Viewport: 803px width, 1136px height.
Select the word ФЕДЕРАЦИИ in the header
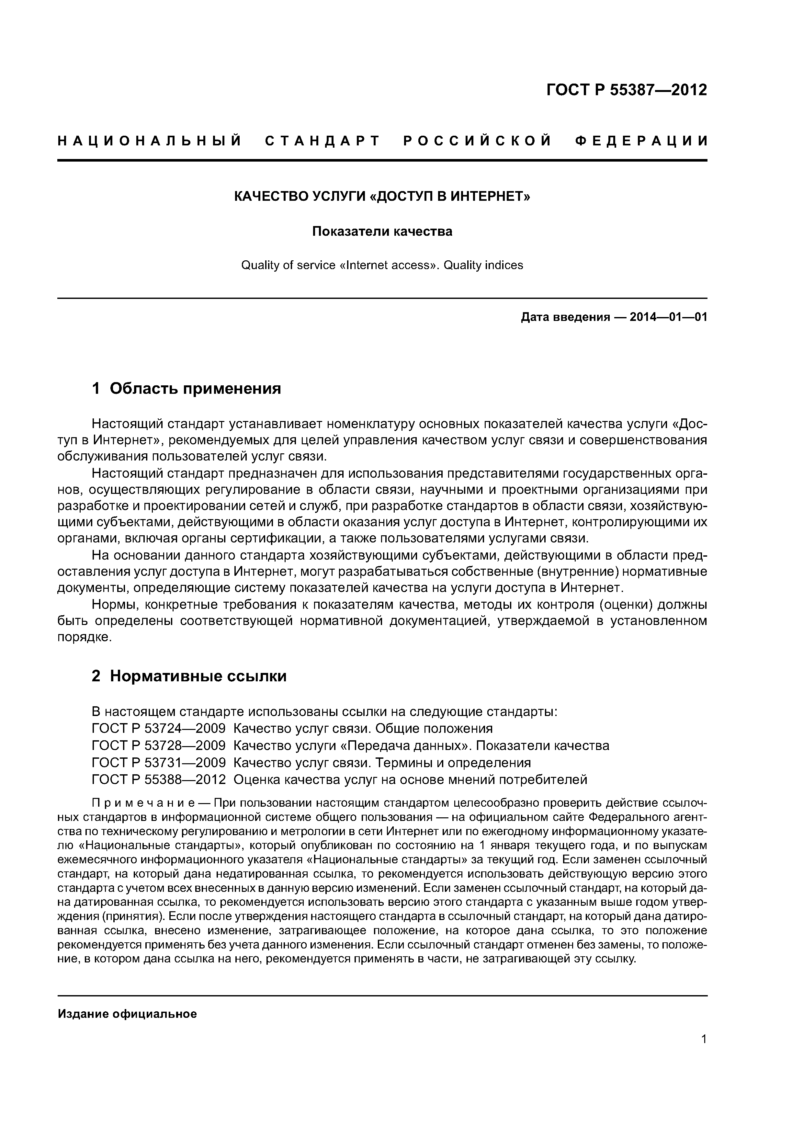[642, 142]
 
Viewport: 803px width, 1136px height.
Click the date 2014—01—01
[668, 317]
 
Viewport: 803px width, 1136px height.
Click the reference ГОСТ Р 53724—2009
[158, 728]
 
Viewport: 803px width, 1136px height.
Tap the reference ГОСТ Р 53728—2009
[158, 745]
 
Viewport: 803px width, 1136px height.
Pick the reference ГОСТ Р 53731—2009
[158, 762]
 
